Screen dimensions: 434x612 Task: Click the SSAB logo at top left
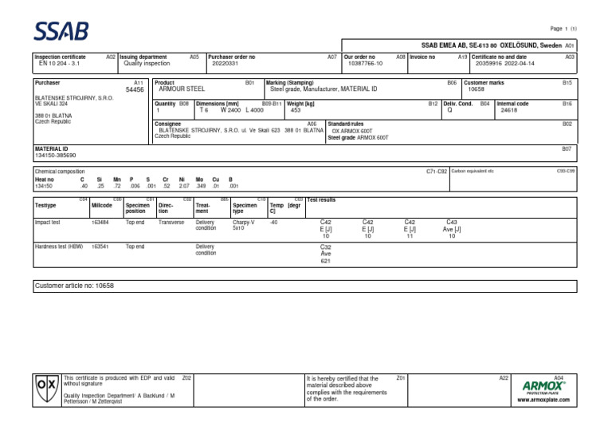(x=61, y=31)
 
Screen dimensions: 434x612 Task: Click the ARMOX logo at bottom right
(x=544, y=387)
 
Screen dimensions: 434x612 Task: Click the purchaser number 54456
(x=135, y=90)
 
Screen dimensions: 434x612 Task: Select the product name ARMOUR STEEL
(x=182, y=89)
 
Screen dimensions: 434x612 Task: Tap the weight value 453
(x=296, y=110)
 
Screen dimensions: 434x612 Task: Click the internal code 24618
(x=509, y=111)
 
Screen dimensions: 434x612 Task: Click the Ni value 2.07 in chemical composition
(x=184, y=187)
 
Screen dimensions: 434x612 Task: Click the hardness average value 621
(x=325, y=261)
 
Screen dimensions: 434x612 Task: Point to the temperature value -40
(x=274, y=223)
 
